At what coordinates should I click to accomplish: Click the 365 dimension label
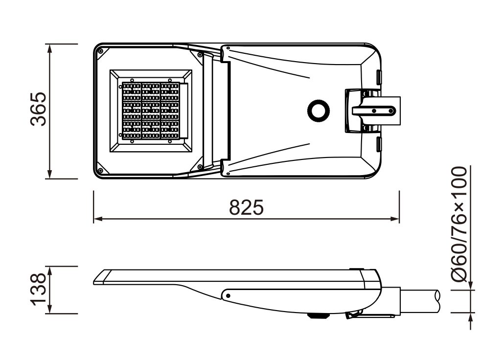coord(38,109)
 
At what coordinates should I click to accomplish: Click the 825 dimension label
coord(247,207)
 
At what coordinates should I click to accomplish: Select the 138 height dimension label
coord(38,289)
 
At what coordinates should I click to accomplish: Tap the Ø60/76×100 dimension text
coord(459,224)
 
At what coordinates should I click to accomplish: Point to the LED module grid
coord(151,111)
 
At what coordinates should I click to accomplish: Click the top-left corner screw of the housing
coord(101,51)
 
